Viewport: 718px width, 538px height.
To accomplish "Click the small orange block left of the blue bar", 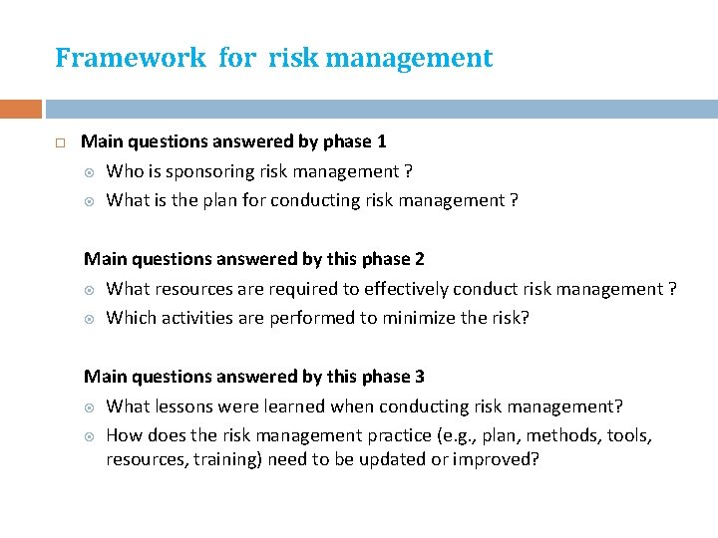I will (21, 109).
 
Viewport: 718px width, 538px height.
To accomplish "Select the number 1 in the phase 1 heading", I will (381, 141).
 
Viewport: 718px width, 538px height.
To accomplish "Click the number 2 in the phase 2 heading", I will (419, 259).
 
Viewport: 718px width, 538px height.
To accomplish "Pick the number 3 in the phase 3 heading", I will (419, 377).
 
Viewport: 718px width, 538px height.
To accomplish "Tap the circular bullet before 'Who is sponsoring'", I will (89, 172).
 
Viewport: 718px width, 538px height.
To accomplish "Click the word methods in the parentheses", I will (559, 435).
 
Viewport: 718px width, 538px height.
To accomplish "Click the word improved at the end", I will (497, 459).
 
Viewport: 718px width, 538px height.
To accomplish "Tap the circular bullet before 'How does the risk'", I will (89, 435).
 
